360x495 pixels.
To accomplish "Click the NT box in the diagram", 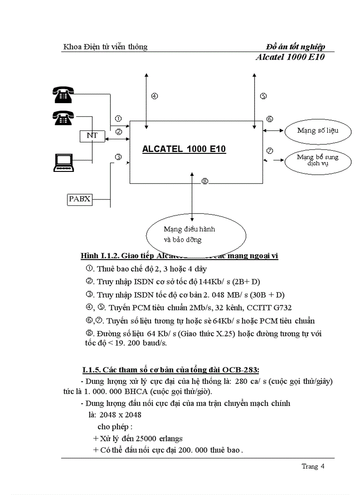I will (x=92, y=136).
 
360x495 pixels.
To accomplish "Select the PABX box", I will (x=80, y=199).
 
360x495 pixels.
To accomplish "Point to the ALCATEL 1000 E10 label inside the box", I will (x=184, y=149).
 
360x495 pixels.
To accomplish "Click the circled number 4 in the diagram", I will (x=154, y=96).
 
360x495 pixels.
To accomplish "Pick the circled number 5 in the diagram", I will (x=263, y=96).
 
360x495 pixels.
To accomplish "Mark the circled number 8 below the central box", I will (x=204, y=182).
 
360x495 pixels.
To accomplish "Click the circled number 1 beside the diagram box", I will (x=118, y=119).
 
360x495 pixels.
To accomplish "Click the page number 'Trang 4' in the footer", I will (x=313, y=466).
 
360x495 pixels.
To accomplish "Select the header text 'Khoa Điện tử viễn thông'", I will (x=105, y=47).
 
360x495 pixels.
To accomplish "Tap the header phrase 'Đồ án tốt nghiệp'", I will (x=296, y=47).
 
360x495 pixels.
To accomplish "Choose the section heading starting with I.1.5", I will (x=173, y=369).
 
